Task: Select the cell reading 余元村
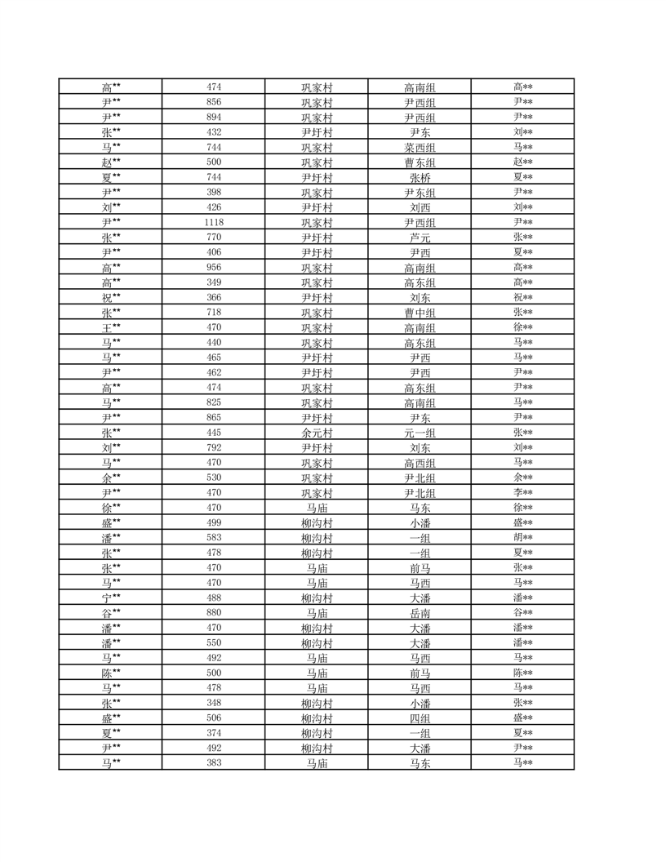tap(317, 432)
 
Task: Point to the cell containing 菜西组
tap(420, 148)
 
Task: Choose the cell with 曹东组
tap(420, 162)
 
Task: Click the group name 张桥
tap(420, 177)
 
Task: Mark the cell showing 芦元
tap(420, 238)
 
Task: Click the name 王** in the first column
tap(111, 327)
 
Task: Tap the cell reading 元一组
tap(420, 432)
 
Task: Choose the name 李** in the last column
tap(523, 492)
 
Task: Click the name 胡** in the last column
tap(523, 537)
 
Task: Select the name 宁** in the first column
tap(111, 598)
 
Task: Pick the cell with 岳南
tap(420, 613)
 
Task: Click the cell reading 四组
tap(420, 718)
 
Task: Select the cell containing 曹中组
tap(420, 313)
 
